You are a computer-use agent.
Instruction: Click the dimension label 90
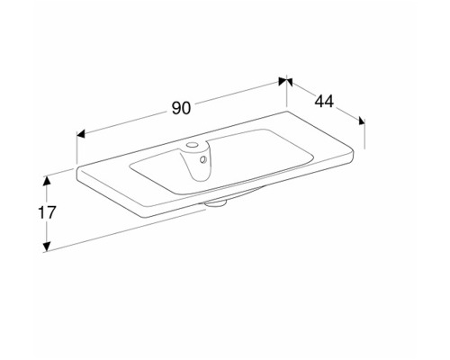pyautogui.click(x=181, y=108)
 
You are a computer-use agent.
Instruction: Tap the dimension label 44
pyautogui.click(x=324, y=102)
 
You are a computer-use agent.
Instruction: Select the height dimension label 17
pyautogui.click(x=47, y=212)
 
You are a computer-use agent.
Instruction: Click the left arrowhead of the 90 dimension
pyautogui.click(x=81, y=134)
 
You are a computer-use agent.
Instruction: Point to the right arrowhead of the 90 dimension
pyautogui.click(x=283, y=81)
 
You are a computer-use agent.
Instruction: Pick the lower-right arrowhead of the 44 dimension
pyautogui.click(x=362, y=121)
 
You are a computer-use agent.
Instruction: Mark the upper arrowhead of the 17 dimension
pyautogui.click(x=46, y=181)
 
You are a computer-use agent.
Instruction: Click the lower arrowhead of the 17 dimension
pyautogui.click(x=46, y=246)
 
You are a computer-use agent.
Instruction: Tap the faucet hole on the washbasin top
pyautogui.click(x=191, y=145)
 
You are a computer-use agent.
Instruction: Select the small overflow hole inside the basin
pyautogui.click(x=203, y=159)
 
